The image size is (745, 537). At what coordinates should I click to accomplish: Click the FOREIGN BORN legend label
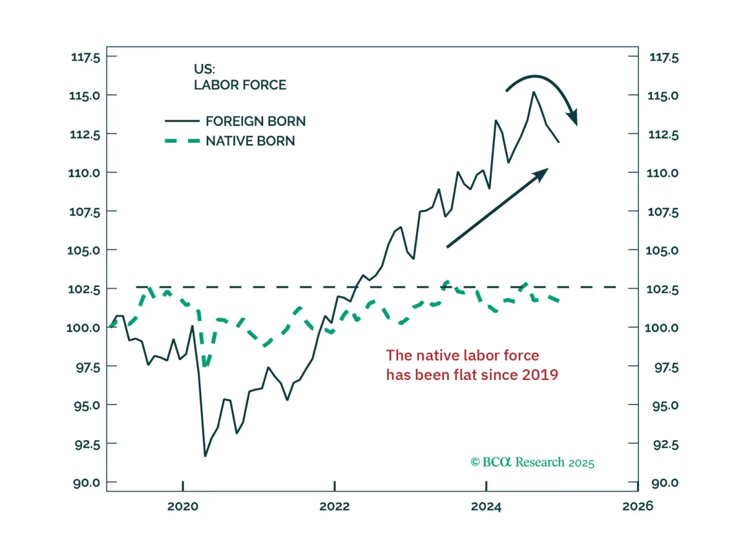click(x=255, y=121)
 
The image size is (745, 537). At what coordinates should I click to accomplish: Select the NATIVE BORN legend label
click(x=250, y=141)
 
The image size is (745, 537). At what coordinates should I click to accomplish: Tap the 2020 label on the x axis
click(x=183, y=507)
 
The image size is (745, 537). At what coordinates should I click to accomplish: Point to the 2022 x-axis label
click(x=335, y=507)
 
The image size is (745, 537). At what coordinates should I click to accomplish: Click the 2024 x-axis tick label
click(x=486, y=507)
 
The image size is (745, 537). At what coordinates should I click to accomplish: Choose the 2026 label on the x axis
click(x=638, y=506)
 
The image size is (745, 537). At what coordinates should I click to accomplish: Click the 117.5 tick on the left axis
click(x=86, y=57)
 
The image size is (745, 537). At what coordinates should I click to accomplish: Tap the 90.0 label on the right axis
click(x=665, y=483)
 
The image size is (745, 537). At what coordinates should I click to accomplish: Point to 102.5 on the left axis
click(x=84, y=289)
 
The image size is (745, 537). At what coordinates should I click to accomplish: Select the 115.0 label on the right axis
click(x=663, y=96)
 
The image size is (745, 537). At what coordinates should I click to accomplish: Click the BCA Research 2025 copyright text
click(x=532, y=462)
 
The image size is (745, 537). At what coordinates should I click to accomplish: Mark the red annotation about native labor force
click(x=472, y=365)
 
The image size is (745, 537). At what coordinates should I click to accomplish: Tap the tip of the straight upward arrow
click(x=548, y=169)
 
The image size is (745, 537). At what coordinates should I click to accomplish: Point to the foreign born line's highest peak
click(x=534, y=92)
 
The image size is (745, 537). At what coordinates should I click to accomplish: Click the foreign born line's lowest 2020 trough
click(x=205, y=456)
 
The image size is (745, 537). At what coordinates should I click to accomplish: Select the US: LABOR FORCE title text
click(x=240, y=77)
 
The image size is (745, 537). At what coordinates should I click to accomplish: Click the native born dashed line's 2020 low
click(x=206, y=366)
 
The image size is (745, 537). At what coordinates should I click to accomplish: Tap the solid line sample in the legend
click(x=183, y=121)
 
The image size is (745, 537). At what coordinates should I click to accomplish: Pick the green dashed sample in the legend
click(x=183, y=141)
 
